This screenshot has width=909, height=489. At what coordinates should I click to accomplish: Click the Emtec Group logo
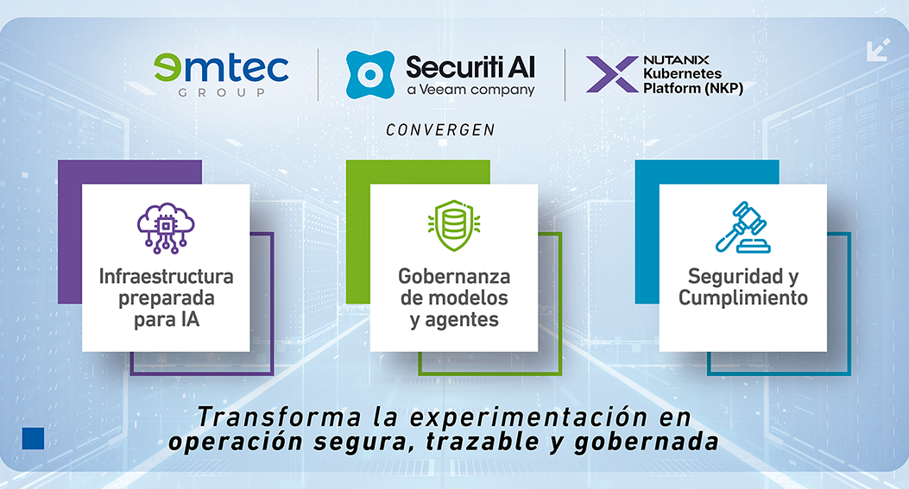[x=221, y=75]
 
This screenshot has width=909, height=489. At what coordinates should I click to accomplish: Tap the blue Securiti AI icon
[x=369, y=74]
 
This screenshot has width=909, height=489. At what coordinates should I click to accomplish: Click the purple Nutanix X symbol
[x=612, y=75]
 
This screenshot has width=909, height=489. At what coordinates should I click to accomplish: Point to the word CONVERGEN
[x=440, y=129]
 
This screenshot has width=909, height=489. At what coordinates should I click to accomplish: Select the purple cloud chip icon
[x=166, y=229]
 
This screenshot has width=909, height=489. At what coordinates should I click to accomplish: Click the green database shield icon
[x=454, y=225]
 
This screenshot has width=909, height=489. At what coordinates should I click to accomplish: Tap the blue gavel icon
[x=743, y=227]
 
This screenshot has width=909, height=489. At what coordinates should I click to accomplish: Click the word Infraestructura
[x=167, y=276]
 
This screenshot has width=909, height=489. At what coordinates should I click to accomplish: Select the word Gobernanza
[x=454, y=276]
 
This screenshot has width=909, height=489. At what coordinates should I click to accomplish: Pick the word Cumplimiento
[x=743, y=298]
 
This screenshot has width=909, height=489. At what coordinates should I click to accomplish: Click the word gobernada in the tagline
[x=647, y=442]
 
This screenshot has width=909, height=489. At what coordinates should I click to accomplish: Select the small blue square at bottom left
[x=33, y=439]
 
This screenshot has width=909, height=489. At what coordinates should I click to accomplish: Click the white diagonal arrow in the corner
[x=878, y=50]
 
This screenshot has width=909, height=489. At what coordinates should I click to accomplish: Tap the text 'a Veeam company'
[x=470, y=90]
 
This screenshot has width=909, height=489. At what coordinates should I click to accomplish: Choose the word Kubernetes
[x=682, y=73]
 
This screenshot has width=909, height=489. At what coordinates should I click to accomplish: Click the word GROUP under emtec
[x=222, y=92]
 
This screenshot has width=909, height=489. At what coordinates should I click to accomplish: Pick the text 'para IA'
[x=167, y=319]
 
